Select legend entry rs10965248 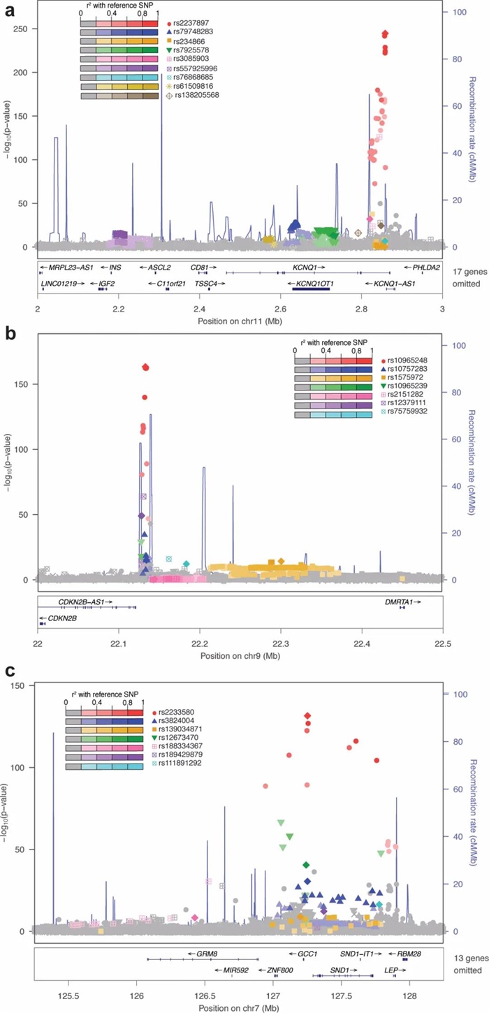pyautogui.click(x=407, y=360)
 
